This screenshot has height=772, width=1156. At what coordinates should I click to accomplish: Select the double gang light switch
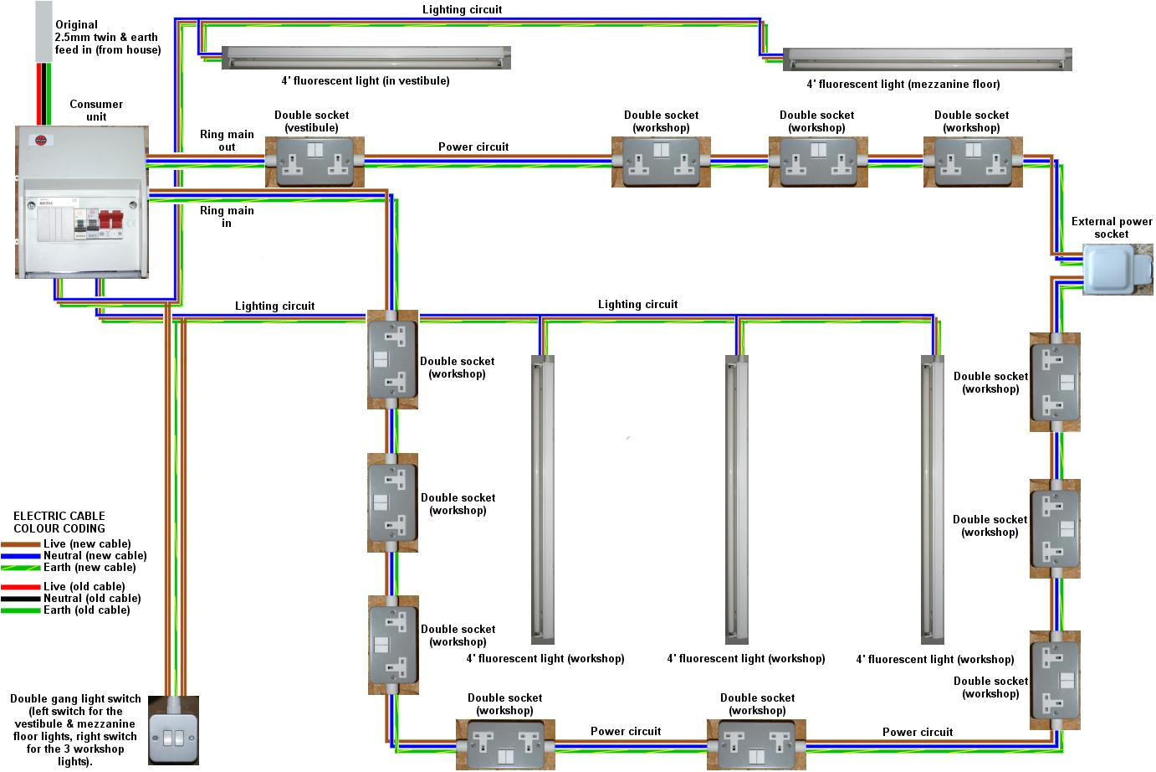(173, 732)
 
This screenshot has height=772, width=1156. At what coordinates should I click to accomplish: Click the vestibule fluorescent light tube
(366, 58)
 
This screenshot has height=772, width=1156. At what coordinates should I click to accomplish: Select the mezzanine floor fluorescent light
(927, 60)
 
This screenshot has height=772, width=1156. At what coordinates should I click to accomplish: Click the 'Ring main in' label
(227, 217)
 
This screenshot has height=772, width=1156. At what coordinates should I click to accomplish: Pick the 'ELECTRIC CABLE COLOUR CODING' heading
(59, 522)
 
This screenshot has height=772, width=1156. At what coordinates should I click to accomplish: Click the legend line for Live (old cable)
(21, 587)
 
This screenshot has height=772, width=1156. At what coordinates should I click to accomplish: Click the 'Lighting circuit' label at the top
(462, 9)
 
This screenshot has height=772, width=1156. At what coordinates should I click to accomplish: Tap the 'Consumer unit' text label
(96, 110)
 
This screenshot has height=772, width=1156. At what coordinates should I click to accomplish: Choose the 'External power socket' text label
(1111, 228)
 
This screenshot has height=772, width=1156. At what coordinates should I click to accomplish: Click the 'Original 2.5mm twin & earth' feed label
(107, 37)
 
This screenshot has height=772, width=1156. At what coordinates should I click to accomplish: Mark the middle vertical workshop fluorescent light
(736, 499)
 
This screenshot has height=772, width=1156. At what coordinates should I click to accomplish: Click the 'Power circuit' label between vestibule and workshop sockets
(473, 147)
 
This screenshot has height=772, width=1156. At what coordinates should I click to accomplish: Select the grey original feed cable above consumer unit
(43, 30)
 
